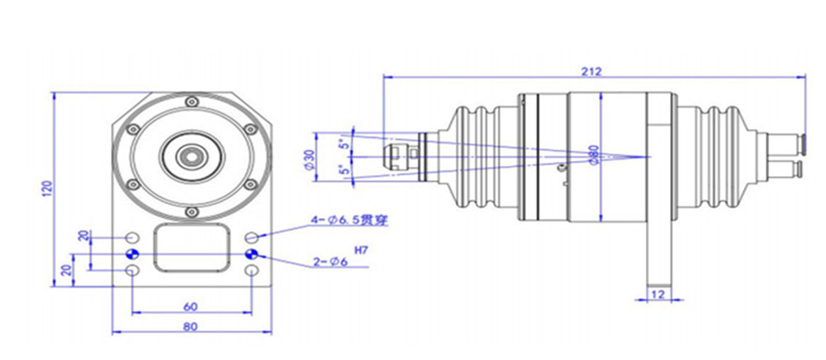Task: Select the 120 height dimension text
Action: pyautogui.click(x=48, y=189)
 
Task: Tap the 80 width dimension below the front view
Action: pyautogui.click(x=191, y=326)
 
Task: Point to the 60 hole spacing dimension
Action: pyautogui.click(x=191, y=306)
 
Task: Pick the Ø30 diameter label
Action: pyautogui.click(x=310, y=159)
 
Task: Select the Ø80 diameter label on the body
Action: pyautogui.click(x=594, y=155)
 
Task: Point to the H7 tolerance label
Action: pyautogui.click(x=361, y=250)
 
